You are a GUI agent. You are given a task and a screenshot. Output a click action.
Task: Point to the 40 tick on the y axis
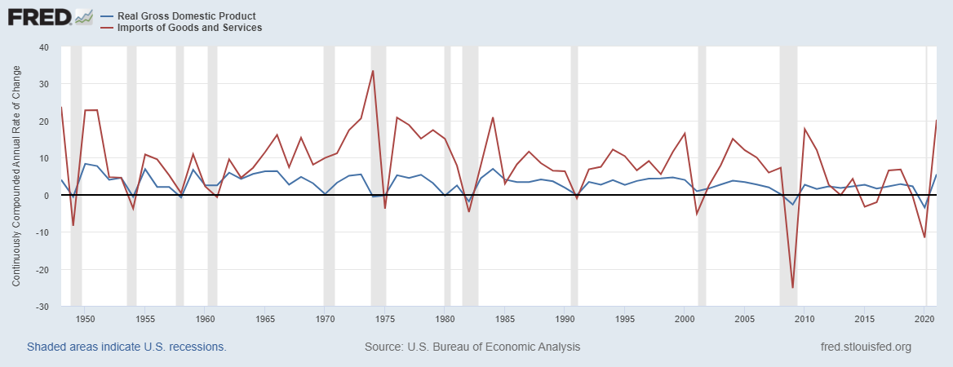point(44,47)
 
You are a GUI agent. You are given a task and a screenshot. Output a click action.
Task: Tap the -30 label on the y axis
point(42,307)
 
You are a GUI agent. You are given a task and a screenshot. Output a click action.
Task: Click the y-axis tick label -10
point(42,232)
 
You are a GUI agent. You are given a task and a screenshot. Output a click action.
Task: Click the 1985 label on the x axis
point(505,319)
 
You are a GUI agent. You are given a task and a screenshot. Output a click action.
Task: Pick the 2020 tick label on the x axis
point(924,319)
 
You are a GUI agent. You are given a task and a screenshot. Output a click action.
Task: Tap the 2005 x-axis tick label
point(745,319)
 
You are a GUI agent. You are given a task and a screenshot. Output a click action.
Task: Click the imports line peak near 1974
point(373,71)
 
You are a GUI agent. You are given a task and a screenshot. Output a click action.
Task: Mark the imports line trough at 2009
point(792,287)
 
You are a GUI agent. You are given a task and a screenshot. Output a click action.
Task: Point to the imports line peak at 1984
point(493,117)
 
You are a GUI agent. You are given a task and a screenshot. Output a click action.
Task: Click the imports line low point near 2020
point(924,237)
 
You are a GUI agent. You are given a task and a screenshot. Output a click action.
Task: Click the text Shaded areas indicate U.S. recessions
point(126,347)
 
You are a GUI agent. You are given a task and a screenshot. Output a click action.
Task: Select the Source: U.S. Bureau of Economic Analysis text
point(472,347)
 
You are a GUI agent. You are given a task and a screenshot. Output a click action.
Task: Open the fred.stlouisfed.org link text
point(865,347)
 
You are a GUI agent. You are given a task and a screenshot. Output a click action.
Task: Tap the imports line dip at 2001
point(697,214)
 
